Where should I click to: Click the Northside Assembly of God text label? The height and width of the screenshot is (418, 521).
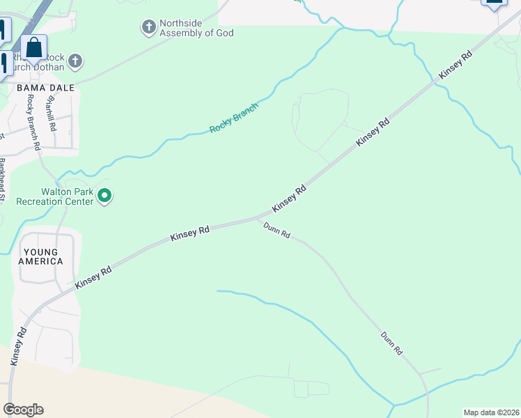[x=196, y=28]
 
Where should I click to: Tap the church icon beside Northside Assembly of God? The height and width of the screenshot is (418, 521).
[x=148, y=28]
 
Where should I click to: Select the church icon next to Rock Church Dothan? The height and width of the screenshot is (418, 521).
[x=76, y=62]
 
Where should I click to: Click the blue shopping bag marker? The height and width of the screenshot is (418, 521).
[x=33, y=48]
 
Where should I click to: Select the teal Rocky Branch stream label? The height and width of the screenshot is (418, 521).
[x=234, y=118]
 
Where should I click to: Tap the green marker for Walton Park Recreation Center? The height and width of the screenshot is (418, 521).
[x=104, y=196]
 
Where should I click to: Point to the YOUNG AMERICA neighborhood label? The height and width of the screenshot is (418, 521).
[x=43, y=256]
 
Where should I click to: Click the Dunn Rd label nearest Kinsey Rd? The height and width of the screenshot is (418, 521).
[x=277, y=230]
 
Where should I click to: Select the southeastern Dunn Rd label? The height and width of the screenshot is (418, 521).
[x=392, y=343]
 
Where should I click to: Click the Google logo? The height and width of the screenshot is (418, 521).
[x=23, y=410]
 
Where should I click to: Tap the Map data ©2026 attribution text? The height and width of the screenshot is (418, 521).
[x=490, y=412]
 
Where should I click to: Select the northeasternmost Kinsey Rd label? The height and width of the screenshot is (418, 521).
[x=456, y=64]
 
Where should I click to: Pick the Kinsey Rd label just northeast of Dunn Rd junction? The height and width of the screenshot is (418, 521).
[x=289, y=199]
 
